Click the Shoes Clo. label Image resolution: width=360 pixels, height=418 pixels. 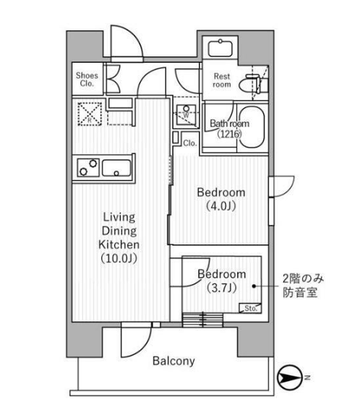pos(87,79)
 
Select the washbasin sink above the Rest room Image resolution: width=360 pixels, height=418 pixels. pos(220,48)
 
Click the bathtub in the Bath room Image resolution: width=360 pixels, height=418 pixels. pos(251,127)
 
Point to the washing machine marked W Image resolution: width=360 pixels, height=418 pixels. pos(187,115)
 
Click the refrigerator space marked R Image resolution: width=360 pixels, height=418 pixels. pos(90,114)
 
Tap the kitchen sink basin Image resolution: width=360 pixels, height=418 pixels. pos(116,168)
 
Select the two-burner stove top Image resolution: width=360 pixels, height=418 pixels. pos(88,168)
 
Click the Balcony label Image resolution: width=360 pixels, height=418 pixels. pos(173,361)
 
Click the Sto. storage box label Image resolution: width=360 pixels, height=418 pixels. pos(251,308)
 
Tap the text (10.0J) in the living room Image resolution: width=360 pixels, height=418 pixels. pos(119,258)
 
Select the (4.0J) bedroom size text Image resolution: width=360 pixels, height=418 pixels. pos(221,206)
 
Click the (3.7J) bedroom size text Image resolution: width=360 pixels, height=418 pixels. pos(222,288)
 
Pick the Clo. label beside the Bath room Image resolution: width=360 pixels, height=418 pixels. pos(189,143)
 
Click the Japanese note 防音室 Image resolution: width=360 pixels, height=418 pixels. pos(300,292)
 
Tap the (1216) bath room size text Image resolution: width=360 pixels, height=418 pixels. pos(229,134)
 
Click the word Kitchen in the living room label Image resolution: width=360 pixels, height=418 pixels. pos(119,244)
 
